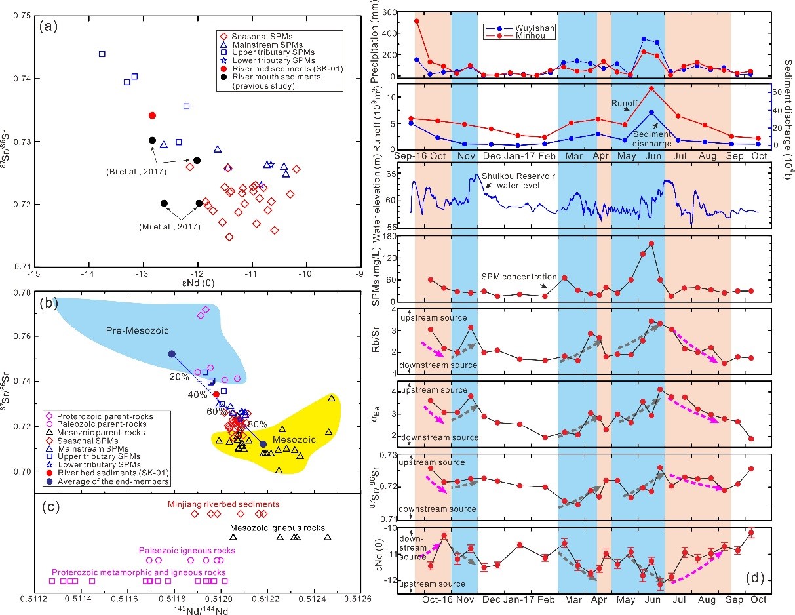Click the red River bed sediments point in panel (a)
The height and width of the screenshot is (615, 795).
pyautogui.click(x=152, y=115)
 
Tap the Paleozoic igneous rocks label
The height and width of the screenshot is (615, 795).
pyautogui.click(x=186, y=550)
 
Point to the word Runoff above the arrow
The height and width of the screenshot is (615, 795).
pyautogui.click(x=625, y=103)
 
